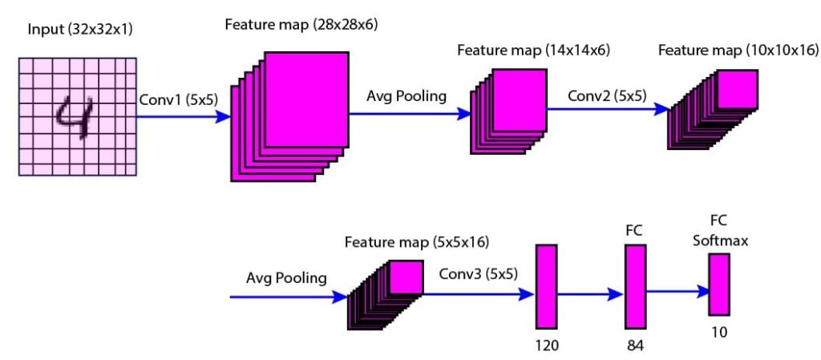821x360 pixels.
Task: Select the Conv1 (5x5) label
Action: coord(174,101)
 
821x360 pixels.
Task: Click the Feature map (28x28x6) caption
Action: coord(301,25)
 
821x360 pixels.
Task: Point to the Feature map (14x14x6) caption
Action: coord(533,51)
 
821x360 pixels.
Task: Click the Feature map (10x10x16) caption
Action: coord(738,51)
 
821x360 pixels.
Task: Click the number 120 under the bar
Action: coord(546,346)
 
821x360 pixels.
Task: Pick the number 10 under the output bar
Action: coord(718,330)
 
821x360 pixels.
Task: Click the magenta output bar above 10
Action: coord(719,284)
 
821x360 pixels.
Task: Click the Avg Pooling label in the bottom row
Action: coord(286,279)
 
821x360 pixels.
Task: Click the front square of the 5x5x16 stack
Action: coord(406,278)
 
